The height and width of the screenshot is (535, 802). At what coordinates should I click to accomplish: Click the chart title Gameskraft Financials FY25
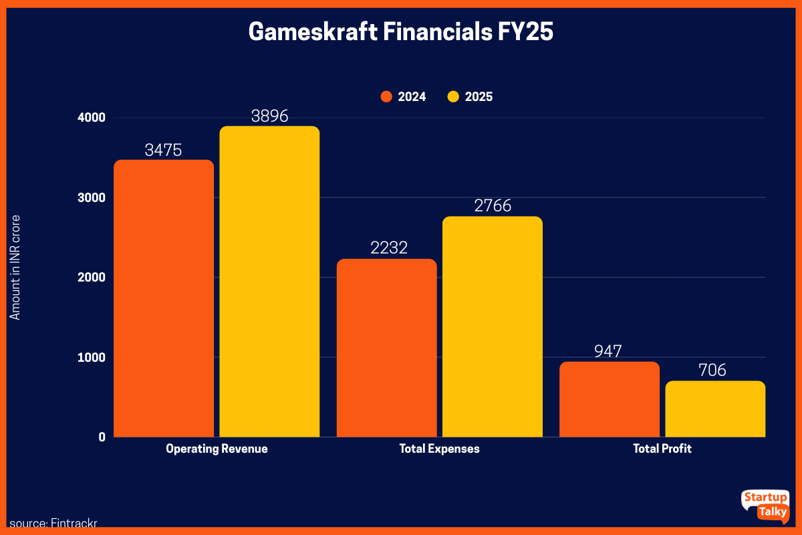pos(401,32)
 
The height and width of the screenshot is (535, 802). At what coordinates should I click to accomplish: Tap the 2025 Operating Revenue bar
pos(269,282)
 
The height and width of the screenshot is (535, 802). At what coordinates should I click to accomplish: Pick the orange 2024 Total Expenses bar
pos(386,348)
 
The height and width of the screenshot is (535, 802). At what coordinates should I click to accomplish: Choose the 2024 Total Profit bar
pos(610,399)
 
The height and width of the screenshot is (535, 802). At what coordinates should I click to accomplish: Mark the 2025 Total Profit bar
pos(715,409)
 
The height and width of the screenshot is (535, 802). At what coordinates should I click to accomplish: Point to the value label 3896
pos(269,116)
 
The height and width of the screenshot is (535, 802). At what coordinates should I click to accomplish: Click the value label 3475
pos(164,150)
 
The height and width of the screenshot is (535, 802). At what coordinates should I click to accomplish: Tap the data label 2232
pos(386,249)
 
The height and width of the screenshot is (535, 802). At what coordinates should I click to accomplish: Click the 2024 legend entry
pos(404,97)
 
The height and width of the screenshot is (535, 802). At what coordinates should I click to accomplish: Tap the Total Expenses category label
pos(439,449)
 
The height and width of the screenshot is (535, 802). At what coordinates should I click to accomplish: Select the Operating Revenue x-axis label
pos(217,449)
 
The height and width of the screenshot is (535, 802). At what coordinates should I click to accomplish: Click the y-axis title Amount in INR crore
pos(15,267)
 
